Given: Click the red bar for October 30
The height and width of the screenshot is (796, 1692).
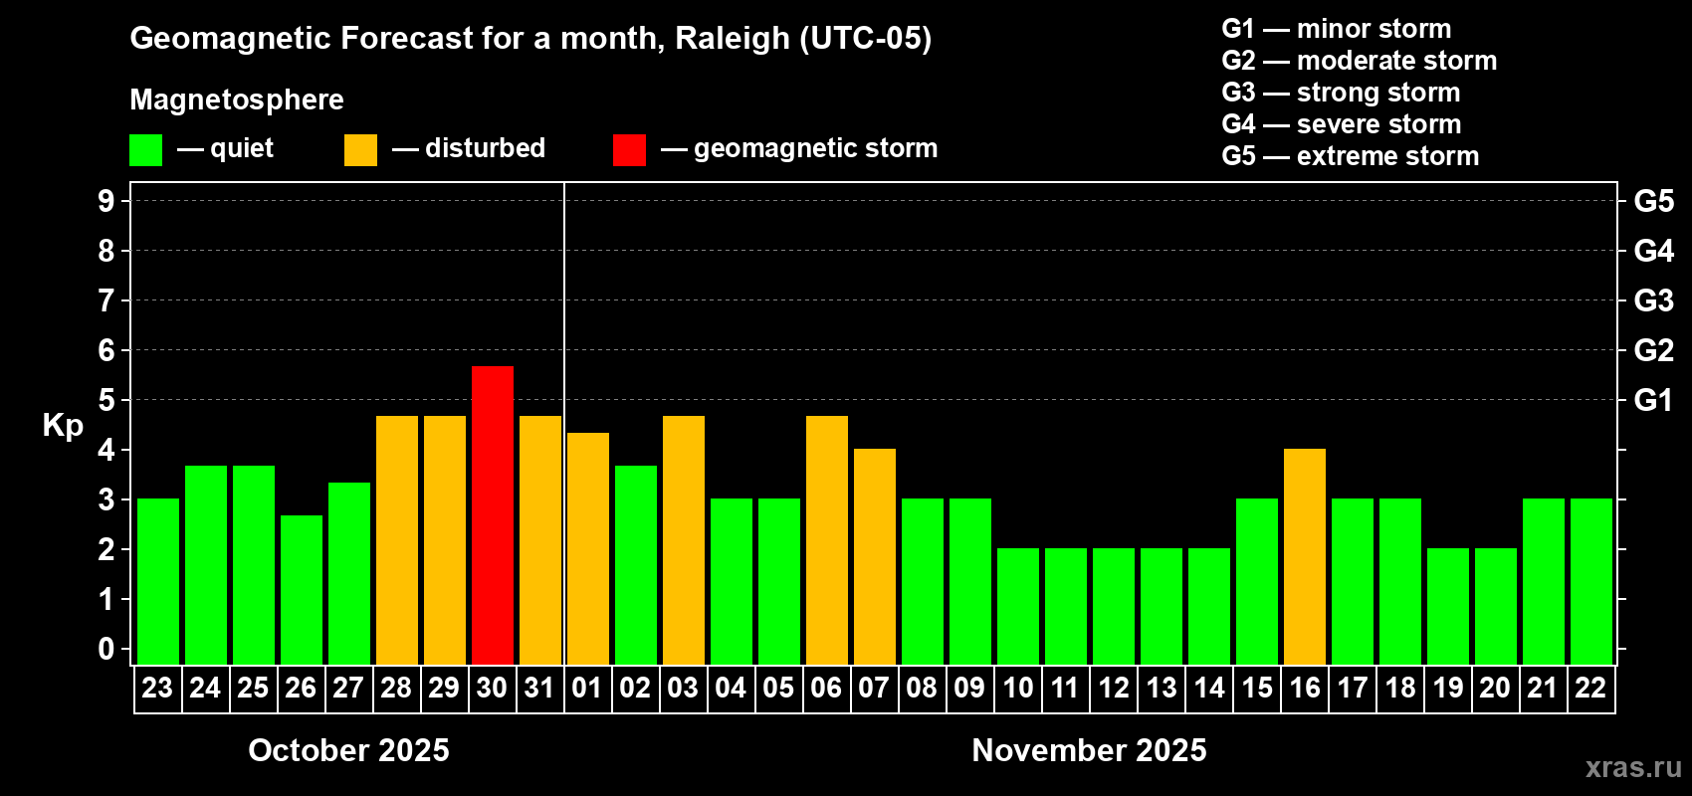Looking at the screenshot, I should (x=493, y=515).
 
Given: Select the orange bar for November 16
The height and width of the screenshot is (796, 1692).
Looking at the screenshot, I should (x=1305, y=556).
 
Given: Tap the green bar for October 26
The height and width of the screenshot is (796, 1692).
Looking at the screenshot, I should (x=302, y=590).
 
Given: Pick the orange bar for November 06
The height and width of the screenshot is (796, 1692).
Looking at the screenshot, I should (x=827, y=540).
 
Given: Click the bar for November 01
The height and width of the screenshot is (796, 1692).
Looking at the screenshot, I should (x=588, y=548).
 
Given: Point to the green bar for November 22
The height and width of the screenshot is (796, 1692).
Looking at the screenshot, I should (x=1591, y=581).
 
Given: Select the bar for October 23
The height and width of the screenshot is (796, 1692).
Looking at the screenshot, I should (x=158, y=581).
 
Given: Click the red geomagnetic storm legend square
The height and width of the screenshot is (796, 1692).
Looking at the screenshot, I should (x=629, y=150).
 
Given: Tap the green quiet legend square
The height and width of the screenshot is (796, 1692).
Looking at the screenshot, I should (x=146, y=150).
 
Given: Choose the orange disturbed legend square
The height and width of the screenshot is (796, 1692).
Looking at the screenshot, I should (x=360, y=150).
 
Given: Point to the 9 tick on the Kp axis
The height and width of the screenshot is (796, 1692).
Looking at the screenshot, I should (x=106, y=201).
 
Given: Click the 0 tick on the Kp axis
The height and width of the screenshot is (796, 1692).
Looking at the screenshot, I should (x=106, y=650).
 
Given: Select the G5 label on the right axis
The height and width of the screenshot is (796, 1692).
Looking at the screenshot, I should (x=1653, y=201).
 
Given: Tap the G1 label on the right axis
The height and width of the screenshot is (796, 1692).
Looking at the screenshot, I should (x=1653, y=400).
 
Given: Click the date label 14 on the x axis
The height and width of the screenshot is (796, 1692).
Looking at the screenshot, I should (x=1209, y=688).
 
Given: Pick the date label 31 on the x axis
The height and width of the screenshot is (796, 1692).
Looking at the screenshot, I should (x=539, y=688).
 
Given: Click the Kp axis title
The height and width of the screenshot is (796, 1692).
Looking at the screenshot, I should (x=63, y=426).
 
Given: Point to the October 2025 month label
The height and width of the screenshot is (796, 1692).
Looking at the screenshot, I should (x=348, y=750).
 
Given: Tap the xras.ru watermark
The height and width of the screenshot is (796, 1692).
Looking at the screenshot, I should (x=1632, y=767).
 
